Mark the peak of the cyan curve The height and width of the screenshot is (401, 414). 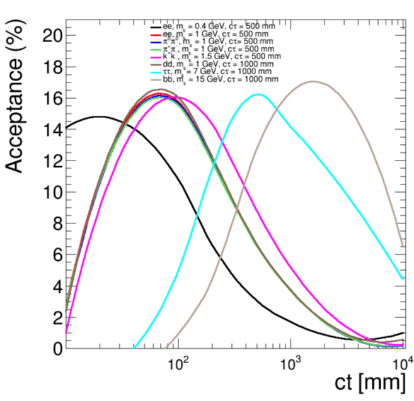pyautogui.click(x=259, y=94)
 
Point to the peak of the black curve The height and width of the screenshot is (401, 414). pyautogui.click(x=100, y=116)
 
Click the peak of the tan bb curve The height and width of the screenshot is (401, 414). pyautogui.click(x=313, y=81)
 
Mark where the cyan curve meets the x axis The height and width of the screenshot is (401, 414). pyautogui.click(x=134, y=347)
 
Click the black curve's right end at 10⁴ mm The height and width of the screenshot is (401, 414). pyautogui.click(x=403, y=333)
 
